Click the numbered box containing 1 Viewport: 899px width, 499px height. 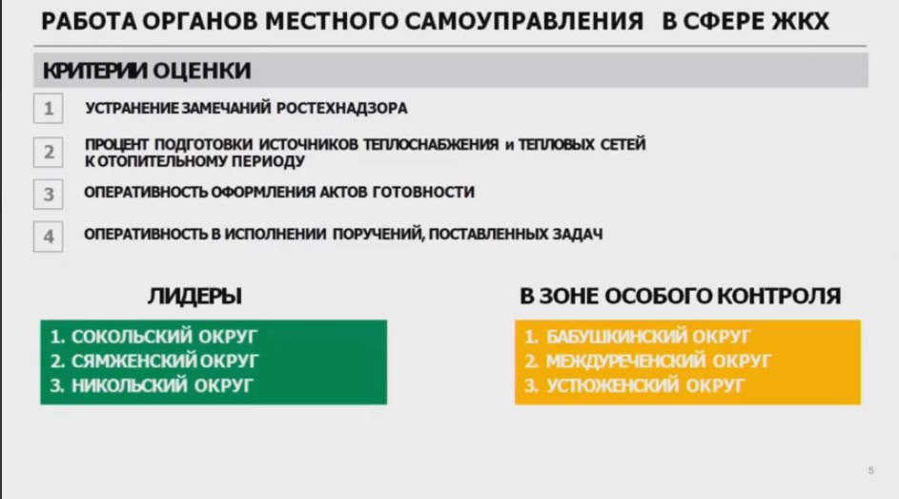49,109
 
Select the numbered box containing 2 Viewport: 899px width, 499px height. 49,152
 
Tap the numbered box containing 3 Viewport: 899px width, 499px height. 49,195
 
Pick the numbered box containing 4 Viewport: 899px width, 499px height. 49,237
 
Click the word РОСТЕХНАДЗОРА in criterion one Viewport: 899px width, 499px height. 341,109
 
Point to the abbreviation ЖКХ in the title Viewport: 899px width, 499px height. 801,22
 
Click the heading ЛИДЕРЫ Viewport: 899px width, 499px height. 194,296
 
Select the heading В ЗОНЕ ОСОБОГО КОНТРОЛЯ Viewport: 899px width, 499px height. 680,296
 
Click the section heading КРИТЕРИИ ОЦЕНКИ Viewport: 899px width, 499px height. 147,71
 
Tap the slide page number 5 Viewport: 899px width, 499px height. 871,471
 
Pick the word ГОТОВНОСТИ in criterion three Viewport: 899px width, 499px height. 423,192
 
